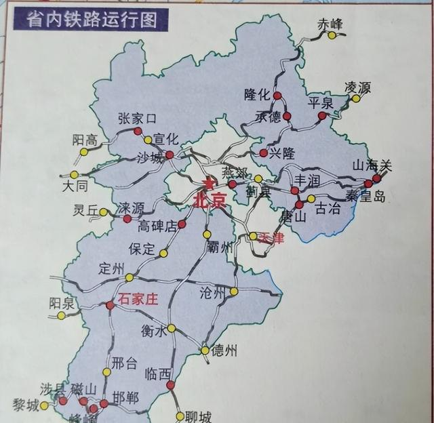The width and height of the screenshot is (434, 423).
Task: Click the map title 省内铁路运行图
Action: point(92,19)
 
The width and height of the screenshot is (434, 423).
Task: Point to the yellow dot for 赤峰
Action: point(332,36)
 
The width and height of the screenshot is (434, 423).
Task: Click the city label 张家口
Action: point(137,119)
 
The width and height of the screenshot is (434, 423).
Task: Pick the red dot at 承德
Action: point(287,117)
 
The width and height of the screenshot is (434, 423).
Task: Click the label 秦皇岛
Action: point(365,197)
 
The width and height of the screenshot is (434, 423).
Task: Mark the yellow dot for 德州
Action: point(205,350)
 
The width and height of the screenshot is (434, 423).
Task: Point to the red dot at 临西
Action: point(170,386)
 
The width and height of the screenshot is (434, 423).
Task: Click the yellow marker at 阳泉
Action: point(61,315)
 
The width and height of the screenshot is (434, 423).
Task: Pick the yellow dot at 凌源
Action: point(355,99)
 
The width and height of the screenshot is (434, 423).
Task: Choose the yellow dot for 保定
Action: point(163,254)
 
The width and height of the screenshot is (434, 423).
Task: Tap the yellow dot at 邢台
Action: point(106,371)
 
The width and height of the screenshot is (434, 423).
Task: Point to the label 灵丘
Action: point(86,211)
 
